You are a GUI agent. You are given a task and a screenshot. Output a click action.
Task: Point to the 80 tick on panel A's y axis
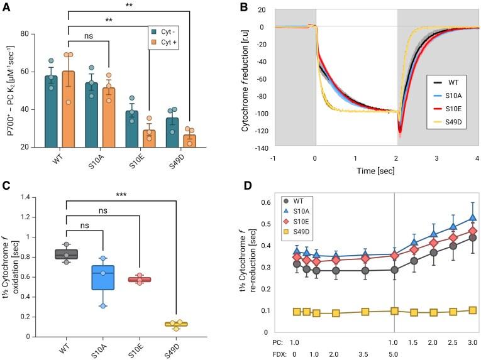(24, 33)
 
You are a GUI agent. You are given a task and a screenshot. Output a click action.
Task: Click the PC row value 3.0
(472, 342)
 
